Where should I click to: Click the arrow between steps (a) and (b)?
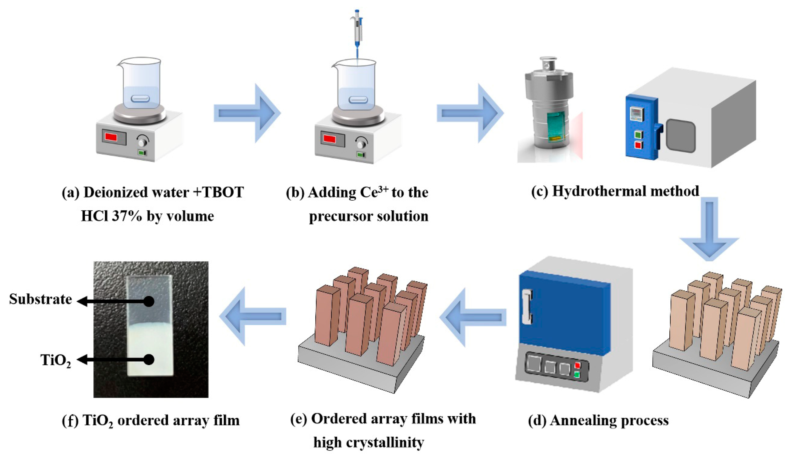coord(246,113)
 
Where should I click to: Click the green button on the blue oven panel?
coord(638,134)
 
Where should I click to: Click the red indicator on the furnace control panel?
coord(577,365)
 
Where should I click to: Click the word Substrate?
coord(40,299)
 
